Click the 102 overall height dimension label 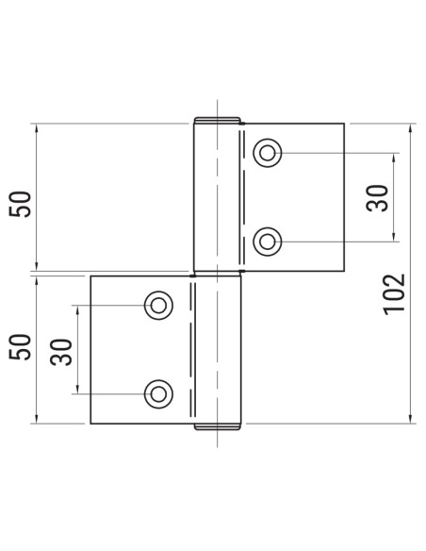[395, 293]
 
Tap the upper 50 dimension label [22, 203]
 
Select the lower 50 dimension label [22, 345]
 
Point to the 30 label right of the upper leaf [378, 197]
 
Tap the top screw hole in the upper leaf [268, 152]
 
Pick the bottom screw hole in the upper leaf [268, 242]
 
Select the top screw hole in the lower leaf [156, 304]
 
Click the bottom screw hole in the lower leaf [156, 393]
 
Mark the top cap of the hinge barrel [218, 121]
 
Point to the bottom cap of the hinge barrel [218, 427]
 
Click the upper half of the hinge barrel [218, 198]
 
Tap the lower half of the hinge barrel [218, 349]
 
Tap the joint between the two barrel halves [218, 274]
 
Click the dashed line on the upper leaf [246, 197]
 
